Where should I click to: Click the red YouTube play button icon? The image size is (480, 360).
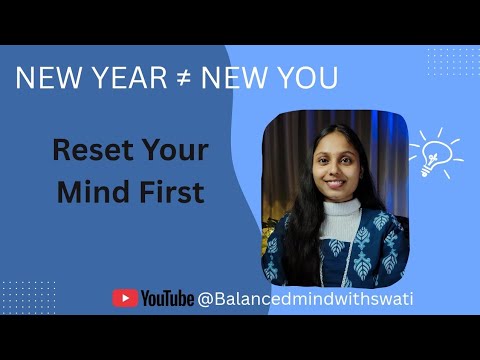pos(125,298)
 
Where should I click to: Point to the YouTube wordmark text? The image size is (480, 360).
pos(167,298)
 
